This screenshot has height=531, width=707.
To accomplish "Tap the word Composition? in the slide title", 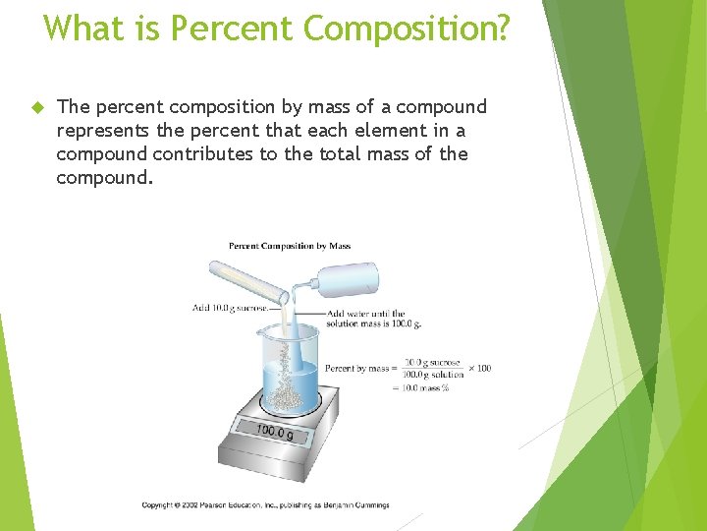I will click(407, 29).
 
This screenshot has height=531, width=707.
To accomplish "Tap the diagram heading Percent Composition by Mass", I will click(290, 246).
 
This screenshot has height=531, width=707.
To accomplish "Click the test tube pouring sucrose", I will click(245, 284).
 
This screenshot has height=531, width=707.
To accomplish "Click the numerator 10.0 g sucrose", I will click(432, 362).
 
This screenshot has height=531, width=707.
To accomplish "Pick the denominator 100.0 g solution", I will click(433, 374).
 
